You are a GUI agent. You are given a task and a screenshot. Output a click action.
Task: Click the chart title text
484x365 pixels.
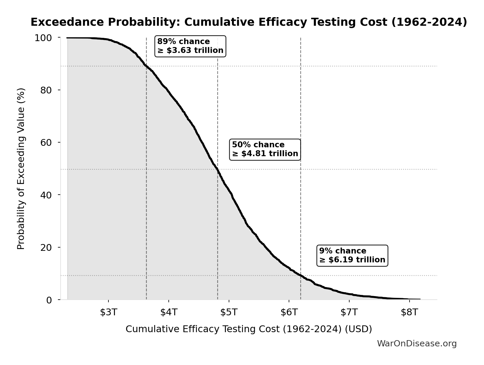(249, 22)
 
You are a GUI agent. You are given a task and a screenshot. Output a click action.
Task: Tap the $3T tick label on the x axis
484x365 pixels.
(108, 312)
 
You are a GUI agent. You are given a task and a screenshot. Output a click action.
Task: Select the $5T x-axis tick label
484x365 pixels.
(229, 312)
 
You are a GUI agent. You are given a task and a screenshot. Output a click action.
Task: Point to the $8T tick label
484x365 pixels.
(409, 312)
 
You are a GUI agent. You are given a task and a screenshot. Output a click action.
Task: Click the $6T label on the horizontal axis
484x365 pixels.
(289, 312)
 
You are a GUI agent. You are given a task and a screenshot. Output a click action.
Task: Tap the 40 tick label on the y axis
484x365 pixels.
(46, 195)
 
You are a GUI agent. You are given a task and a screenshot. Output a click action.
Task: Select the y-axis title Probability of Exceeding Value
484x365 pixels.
(21, 169)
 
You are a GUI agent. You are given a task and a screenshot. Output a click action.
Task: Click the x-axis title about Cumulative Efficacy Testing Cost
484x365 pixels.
(249, 329)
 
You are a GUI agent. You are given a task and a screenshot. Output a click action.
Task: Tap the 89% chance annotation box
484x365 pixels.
(190, 46)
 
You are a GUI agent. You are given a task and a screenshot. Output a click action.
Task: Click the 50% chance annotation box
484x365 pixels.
(265, 149)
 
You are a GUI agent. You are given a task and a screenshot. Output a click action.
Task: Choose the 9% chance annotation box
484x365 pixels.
(352, 256)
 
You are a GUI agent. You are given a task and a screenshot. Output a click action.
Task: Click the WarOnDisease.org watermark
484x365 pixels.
(417, 343)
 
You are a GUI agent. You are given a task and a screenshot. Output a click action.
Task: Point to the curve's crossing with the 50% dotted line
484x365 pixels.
(218, 169)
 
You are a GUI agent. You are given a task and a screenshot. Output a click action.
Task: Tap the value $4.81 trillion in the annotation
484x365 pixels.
(269, 154)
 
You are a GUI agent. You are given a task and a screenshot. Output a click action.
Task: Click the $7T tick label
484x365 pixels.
(349, 312)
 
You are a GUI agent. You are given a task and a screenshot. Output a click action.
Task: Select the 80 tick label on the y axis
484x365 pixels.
(46, 90)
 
